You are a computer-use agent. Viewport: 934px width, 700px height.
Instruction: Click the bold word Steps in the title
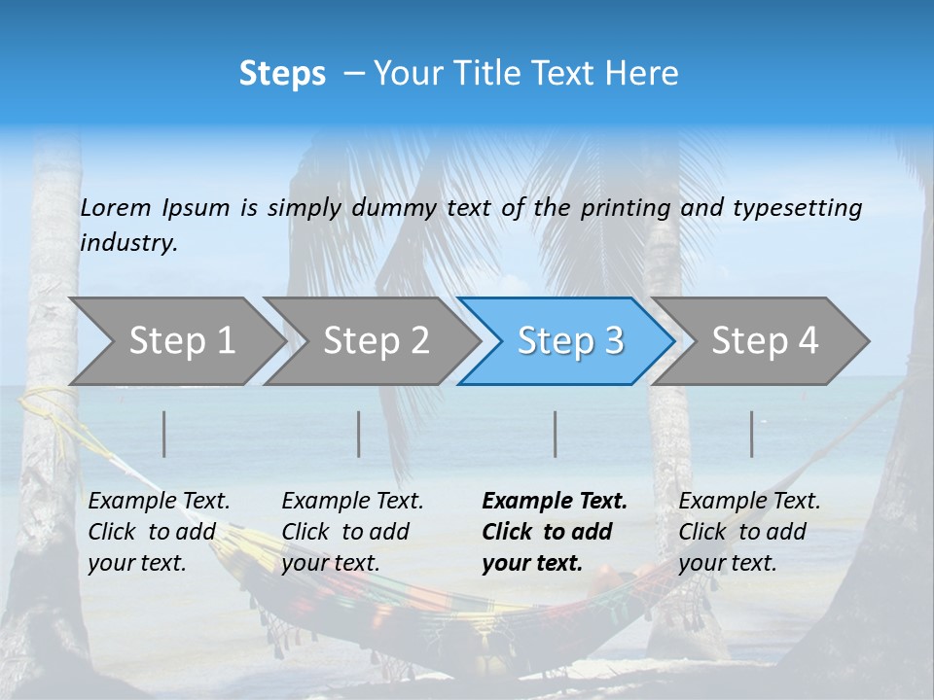click(282, 74)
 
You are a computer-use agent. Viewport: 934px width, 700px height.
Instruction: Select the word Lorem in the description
click(116, 207)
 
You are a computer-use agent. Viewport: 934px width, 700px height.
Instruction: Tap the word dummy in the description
click(394, 207)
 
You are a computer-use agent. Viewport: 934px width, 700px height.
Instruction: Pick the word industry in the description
click(128, 242)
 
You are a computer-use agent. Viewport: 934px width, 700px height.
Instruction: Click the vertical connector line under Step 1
click(164, 434)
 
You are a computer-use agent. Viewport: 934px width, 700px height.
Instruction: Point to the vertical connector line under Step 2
click(359, 434)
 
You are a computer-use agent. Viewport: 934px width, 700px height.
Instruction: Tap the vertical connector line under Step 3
click(556, 434)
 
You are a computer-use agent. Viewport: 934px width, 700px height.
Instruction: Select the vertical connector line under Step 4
click(752, 434)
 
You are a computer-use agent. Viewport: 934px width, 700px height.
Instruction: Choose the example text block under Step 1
click(159, 532)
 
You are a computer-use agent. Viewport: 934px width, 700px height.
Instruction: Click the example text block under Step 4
click(749, 532)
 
